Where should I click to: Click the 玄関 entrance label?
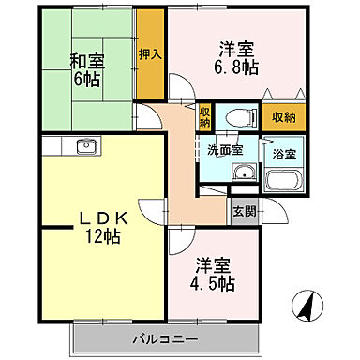243,210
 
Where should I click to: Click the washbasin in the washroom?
245,172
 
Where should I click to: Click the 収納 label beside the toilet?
204,118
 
